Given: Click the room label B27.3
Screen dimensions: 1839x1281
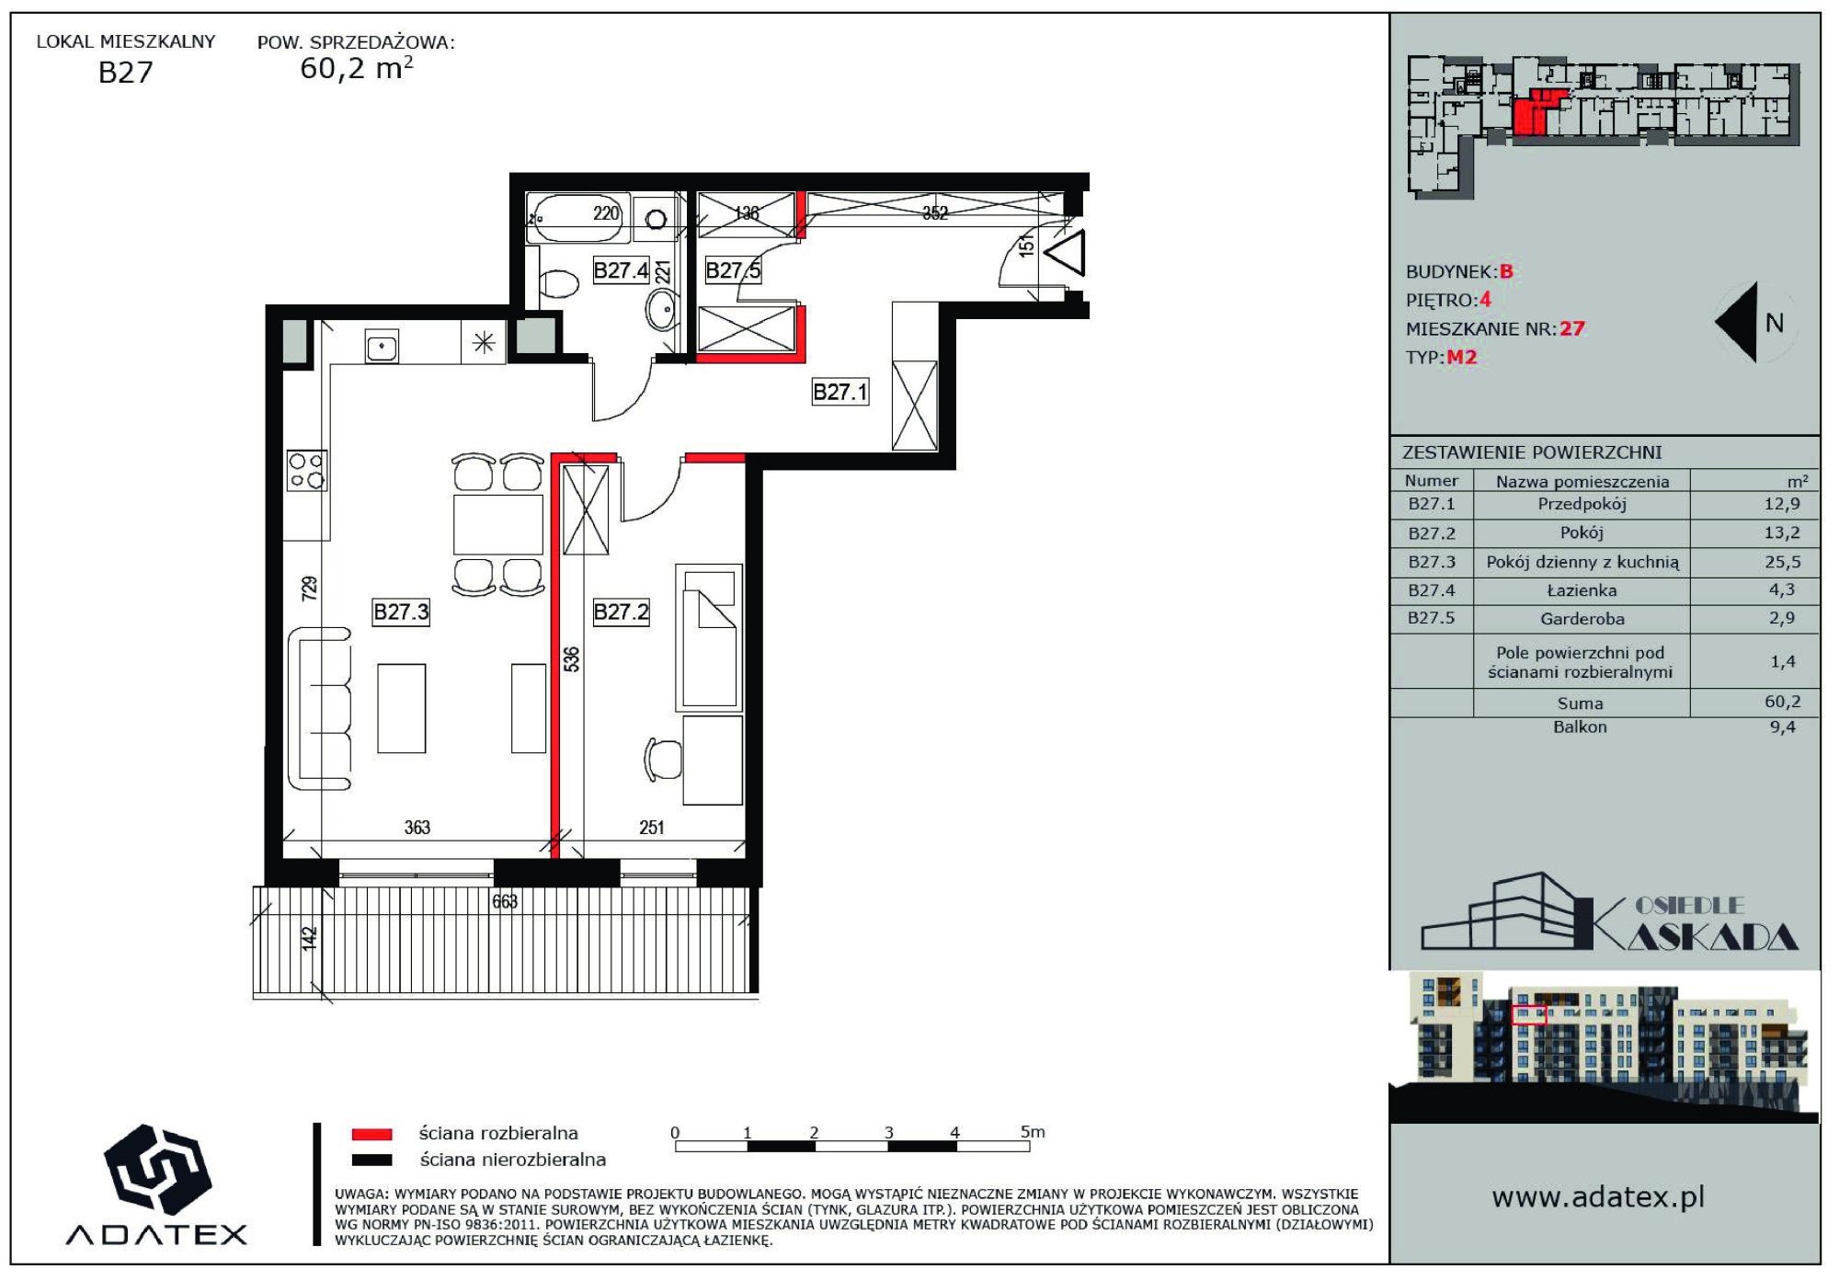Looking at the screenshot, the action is (x=401, y=612).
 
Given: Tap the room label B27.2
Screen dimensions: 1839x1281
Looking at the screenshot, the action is (x=621, y=612).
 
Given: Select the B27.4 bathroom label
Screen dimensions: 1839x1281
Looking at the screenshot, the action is (x=621, y=270).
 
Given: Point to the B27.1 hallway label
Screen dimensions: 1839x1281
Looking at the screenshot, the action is (x=840, y=393).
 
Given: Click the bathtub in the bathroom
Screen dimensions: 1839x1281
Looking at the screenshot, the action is (x=577, y=217).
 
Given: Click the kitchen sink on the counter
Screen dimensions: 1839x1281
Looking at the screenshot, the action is (x=382, y=347).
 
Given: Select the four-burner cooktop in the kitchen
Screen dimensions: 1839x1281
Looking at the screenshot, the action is (x=307, y=470).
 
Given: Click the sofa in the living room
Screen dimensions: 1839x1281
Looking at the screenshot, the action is (x=319, y=709).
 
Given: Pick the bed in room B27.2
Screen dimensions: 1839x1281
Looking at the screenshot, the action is (x=709, y=637).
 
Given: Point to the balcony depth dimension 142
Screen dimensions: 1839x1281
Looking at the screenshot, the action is (x=310, y=938).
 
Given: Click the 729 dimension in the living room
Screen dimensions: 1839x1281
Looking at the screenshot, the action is (x=310, y=589).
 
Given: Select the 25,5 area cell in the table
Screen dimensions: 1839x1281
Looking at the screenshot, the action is (x=1782, y=562).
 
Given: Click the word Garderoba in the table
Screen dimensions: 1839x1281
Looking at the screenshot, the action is (x=1582, y=619).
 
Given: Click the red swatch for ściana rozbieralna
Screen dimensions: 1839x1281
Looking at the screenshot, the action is (x=371, y=1134).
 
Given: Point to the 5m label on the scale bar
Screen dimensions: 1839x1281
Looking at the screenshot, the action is (x=1033, y=1131).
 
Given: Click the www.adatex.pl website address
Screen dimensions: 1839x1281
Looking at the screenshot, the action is (x=1598, y=1197).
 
